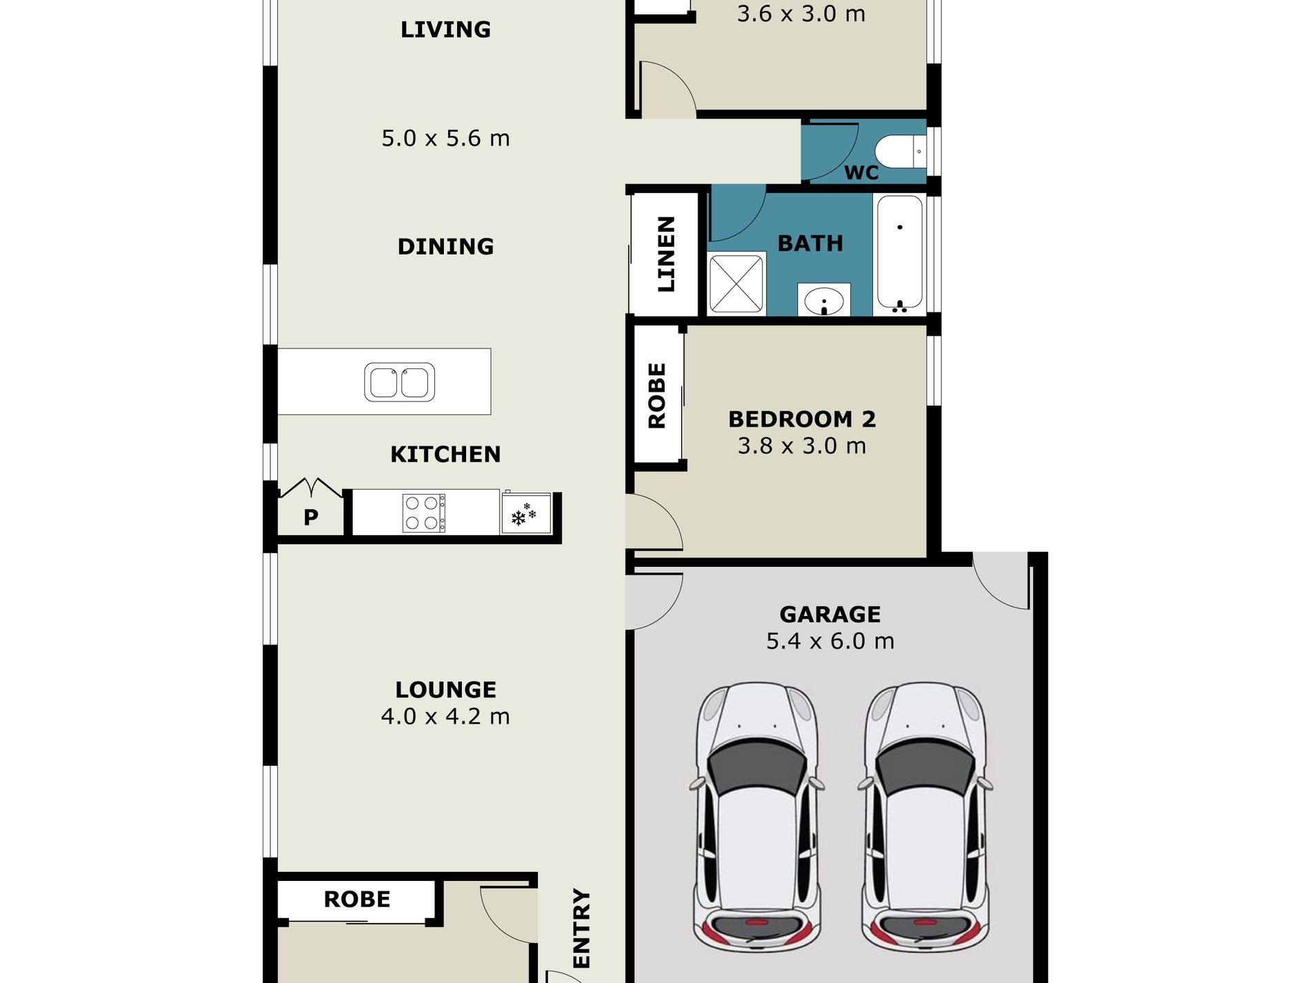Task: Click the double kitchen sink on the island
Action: (x=399, y=382)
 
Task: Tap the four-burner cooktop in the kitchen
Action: (x=423, y=513)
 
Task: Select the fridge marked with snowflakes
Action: (x=526, y=513)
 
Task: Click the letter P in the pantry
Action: (x=311, y=517)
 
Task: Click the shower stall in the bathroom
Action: (x=736, y=284)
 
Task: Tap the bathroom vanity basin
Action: (x=824, y=301)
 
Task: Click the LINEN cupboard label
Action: (x=666, y=254)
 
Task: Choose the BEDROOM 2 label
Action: (x=802, y=419)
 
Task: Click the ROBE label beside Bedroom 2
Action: (x=657, y=396)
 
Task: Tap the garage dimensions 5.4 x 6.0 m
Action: (x=830, y=641)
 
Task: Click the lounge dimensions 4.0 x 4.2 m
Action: (x=445, y=716)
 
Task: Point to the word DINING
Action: (x=445, y=246)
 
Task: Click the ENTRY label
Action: (x=582, y=929)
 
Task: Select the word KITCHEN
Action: (x=445, y=454)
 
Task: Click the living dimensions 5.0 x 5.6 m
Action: (x=445, y=138)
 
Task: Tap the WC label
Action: (x=861, y=172)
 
